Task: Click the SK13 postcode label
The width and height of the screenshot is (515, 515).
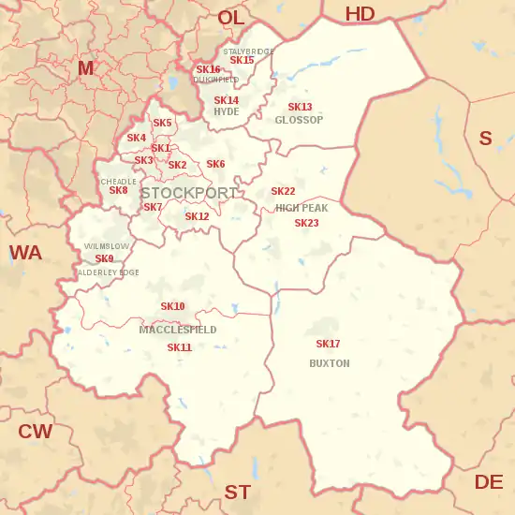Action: point(300,108)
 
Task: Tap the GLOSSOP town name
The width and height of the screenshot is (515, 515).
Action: point(299,120)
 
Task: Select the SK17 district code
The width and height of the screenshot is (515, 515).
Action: point(328,345)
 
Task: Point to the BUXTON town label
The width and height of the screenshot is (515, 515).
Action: point(329,363)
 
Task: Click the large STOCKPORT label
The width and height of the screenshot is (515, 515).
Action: point(189,193)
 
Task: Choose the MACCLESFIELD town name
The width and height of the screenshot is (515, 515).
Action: point(178,330)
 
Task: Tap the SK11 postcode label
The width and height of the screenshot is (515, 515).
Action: point(179,347)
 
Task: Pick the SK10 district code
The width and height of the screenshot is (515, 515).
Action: point(172,306)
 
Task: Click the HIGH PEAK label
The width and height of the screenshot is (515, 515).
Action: point(302,208)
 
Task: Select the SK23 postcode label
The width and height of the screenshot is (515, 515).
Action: point(306,223)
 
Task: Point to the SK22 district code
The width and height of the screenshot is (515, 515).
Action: point(283,192)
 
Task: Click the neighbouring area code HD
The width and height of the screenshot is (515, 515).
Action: point(360,13)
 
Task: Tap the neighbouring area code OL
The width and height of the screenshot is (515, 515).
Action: point(230,18)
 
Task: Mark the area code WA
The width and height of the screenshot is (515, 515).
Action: point(25,253)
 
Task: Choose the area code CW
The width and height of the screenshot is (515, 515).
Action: point(36,432)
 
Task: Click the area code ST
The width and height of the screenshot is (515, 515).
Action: point(237,492)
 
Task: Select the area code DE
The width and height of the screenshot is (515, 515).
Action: point(488,481)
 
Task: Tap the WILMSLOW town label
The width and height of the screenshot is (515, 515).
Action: point(107,245)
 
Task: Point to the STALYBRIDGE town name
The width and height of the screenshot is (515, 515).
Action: point(249,51)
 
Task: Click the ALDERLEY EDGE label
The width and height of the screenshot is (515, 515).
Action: point(108,272)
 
